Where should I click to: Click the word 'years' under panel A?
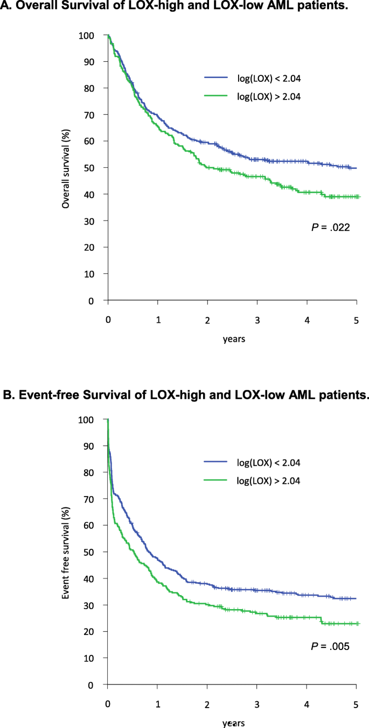tap(232, 340)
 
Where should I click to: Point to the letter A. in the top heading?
tap(8, 7)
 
